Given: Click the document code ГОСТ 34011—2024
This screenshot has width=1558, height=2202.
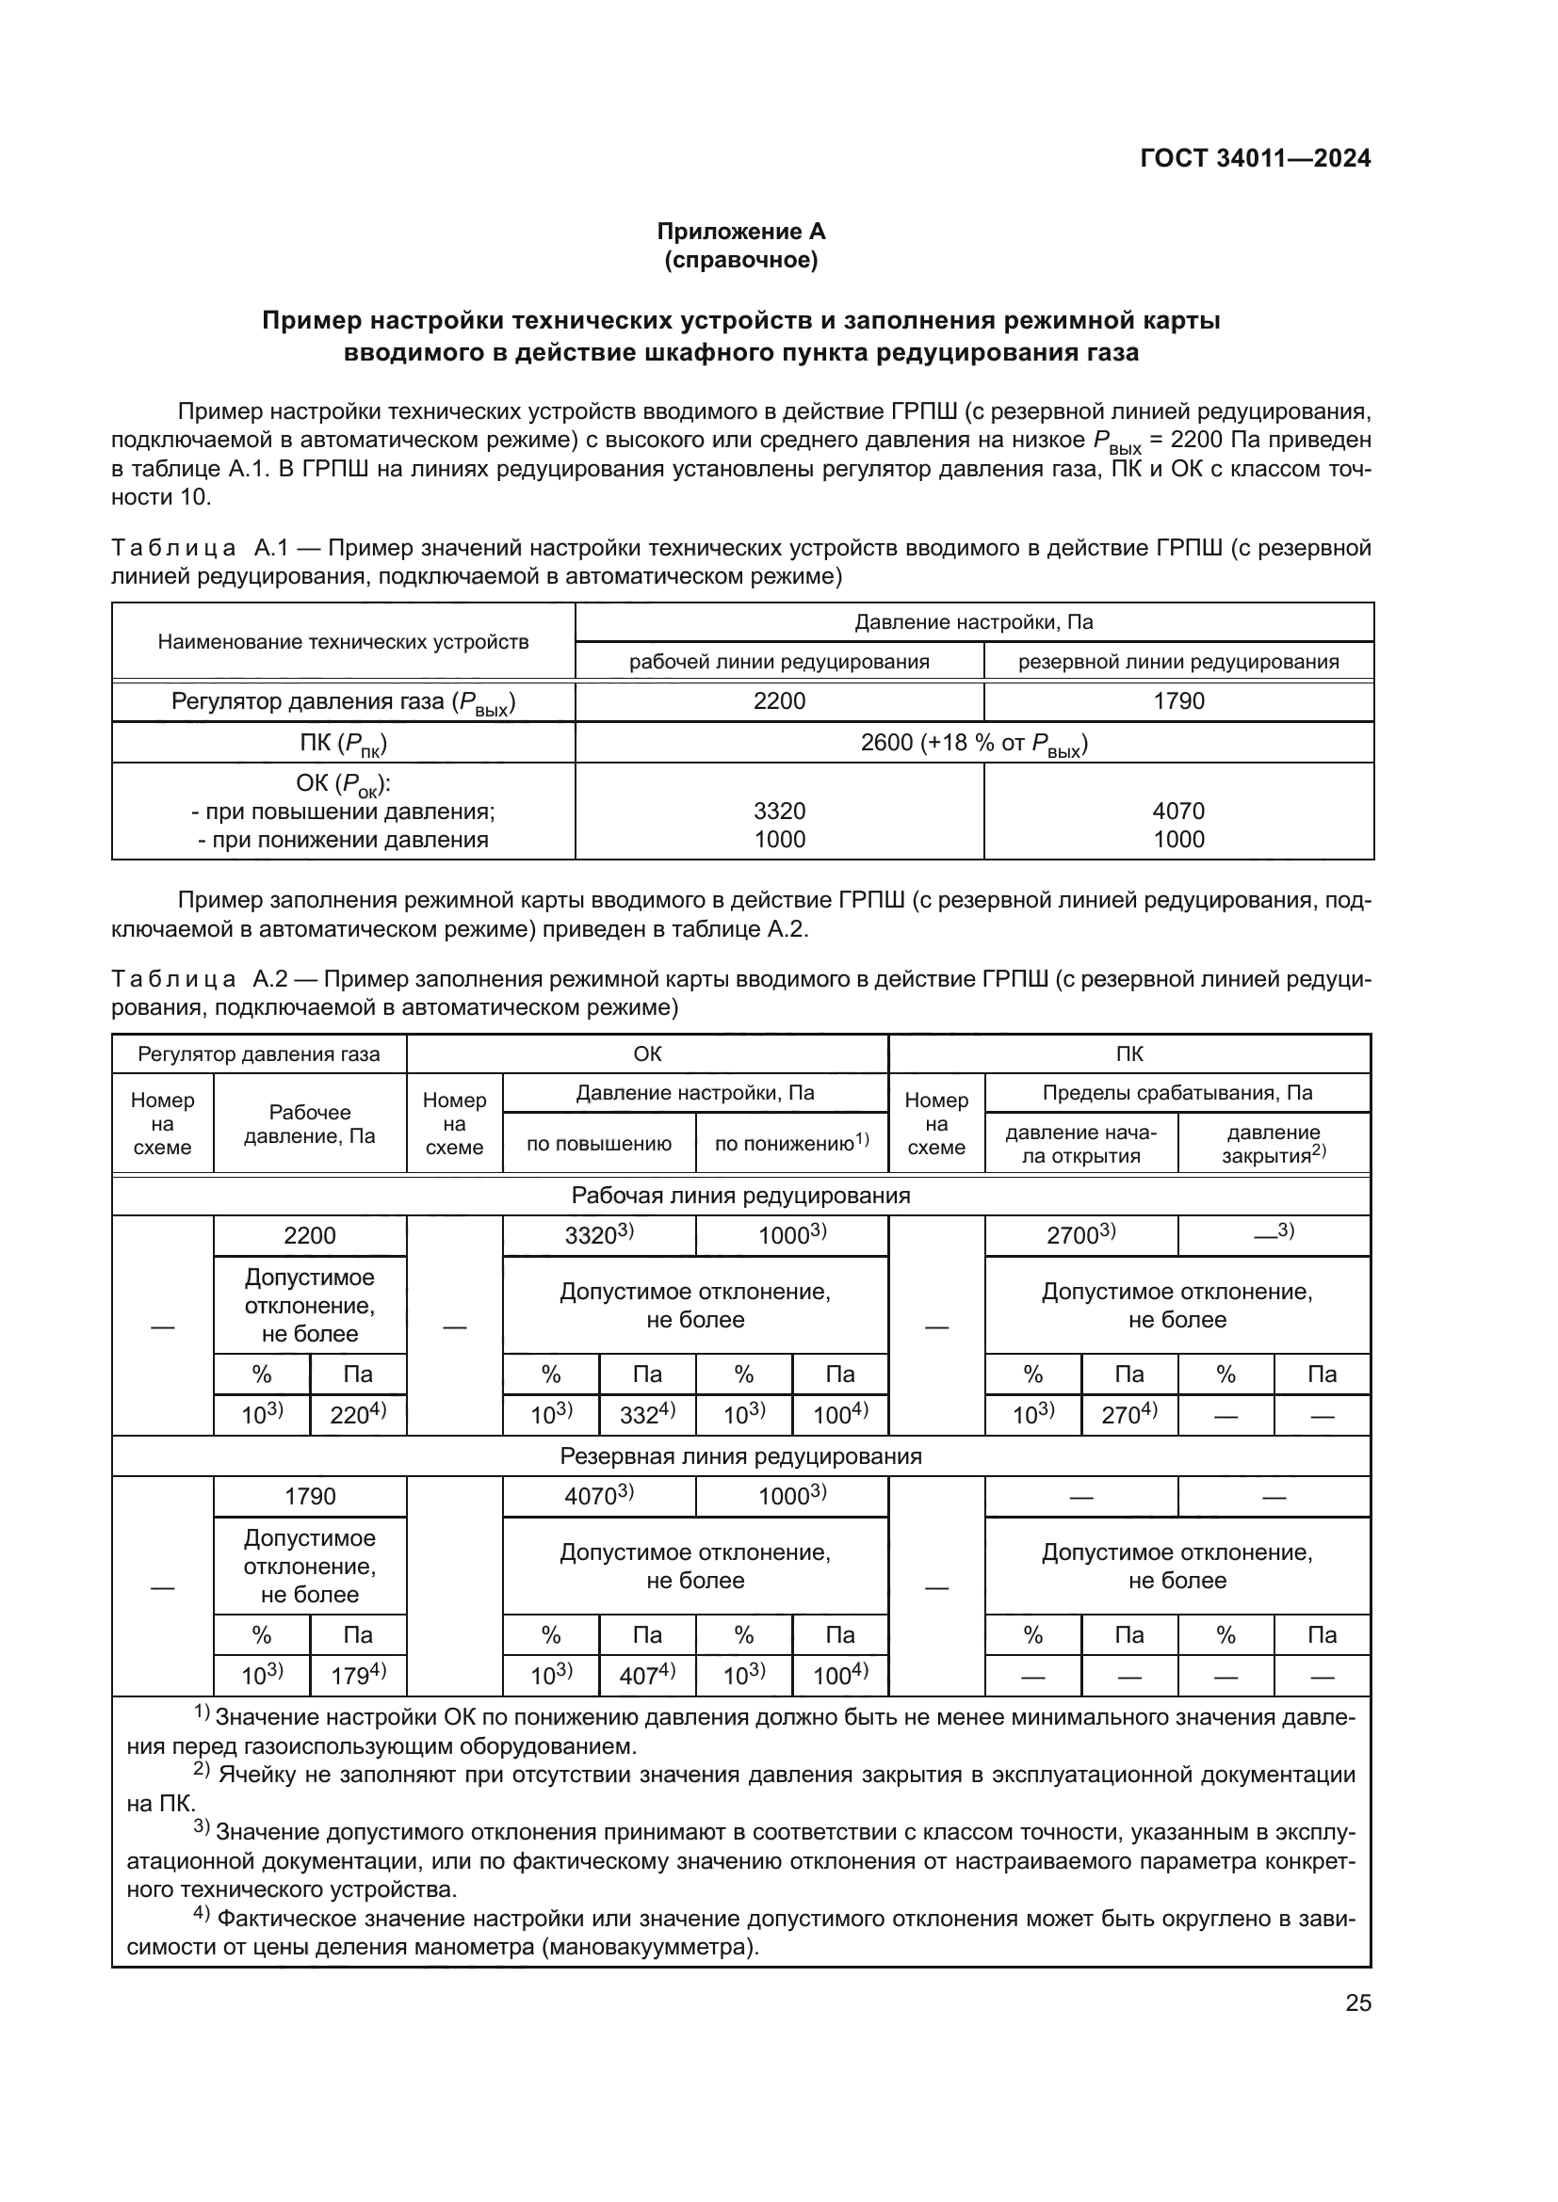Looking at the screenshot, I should [1255, 158].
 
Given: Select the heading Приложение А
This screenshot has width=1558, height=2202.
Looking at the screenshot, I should [740, 232].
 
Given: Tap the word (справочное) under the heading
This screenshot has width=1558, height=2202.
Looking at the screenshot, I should [740, 260].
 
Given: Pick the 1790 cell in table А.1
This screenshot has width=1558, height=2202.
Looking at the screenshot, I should [1178, 701].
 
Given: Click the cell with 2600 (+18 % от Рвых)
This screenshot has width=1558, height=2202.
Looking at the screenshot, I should [974, 742].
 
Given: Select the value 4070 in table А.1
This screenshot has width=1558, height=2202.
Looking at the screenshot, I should [1178, 812].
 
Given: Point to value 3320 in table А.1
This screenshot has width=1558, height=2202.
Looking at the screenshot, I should [779, 812].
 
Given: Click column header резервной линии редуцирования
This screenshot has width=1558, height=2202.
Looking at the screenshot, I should [1178, 661].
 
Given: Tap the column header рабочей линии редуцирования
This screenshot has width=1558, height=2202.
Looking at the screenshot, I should [779, 661].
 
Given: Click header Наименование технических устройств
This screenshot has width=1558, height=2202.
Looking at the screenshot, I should [344, 642].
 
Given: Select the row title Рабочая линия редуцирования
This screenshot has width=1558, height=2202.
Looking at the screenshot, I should [740, 1195].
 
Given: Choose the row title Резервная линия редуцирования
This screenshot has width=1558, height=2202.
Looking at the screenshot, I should [740, 1455].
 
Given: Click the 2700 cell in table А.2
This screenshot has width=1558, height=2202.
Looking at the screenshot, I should [1080, 1235].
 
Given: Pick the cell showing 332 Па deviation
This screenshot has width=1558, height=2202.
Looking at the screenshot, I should [646, 1415].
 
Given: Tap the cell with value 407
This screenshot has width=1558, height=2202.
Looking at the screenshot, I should [646, 1676].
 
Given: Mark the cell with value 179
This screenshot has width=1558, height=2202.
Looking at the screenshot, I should [358, 1676].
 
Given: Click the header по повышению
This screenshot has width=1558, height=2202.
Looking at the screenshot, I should [599, 1143].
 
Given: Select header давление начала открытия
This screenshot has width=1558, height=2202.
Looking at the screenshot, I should [1080, 1143].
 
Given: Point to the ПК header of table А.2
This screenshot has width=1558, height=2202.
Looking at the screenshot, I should [1129, 1054].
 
